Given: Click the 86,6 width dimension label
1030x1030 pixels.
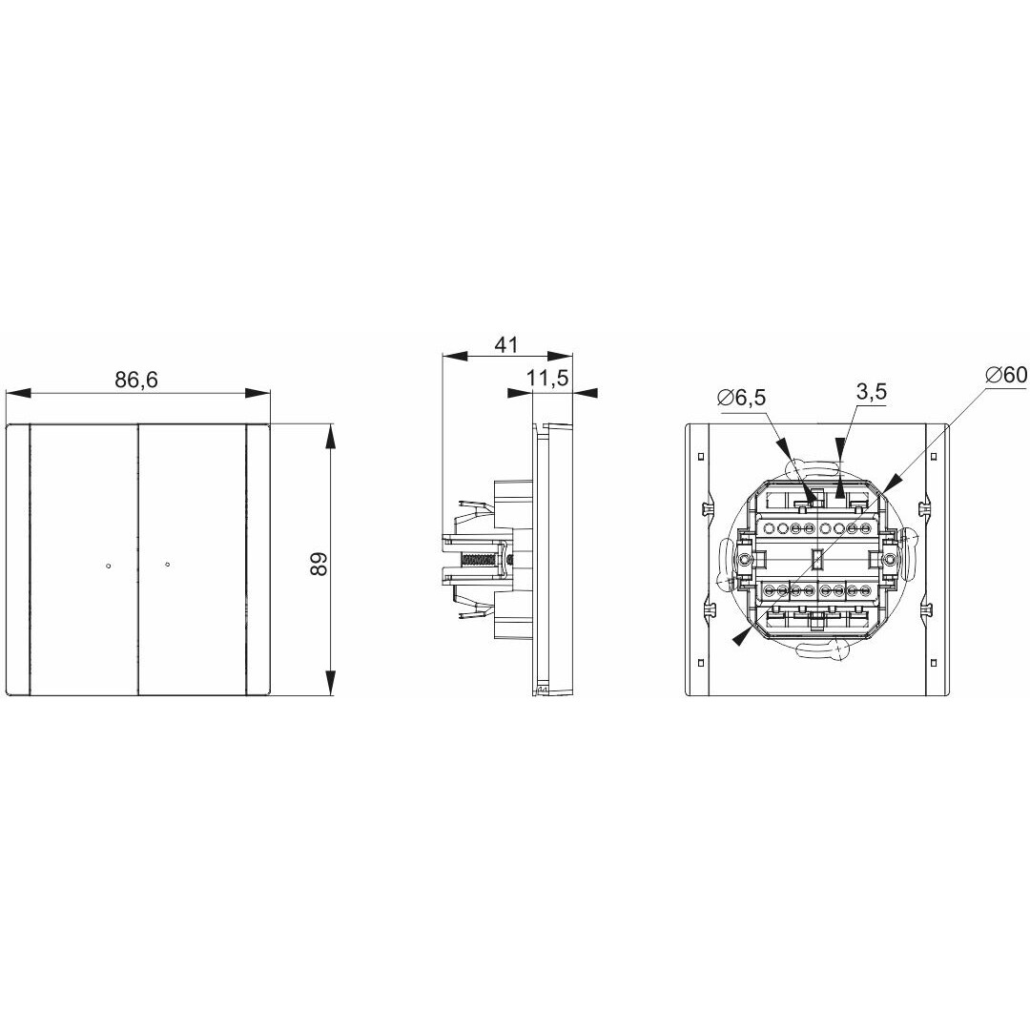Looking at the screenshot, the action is click(x=136, y=380).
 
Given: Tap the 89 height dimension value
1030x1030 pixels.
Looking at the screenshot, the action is click(x=319, y=564).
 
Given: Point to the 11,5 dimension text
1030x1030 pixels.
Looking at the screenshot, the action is click(x=547, y=379).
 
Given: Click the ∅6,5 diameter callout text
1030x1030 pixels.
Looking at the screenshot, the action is click(x=742, y=398).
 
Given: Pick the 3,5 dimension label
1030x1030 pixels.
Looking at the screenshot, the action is click(x=872, y=392).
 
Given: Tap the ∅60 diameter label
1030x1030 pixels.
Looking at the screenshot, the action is click(x=1006, y=375).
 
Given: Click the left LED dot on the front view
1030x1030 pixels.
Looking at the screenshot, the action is click(x=108, y=565).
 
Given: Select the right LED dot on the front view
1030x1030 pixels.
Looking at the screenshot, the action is click(x=168, y=565).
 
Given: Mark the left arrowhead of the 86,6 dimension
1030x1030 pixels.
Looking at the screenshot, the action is click(x=18, y=393).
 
